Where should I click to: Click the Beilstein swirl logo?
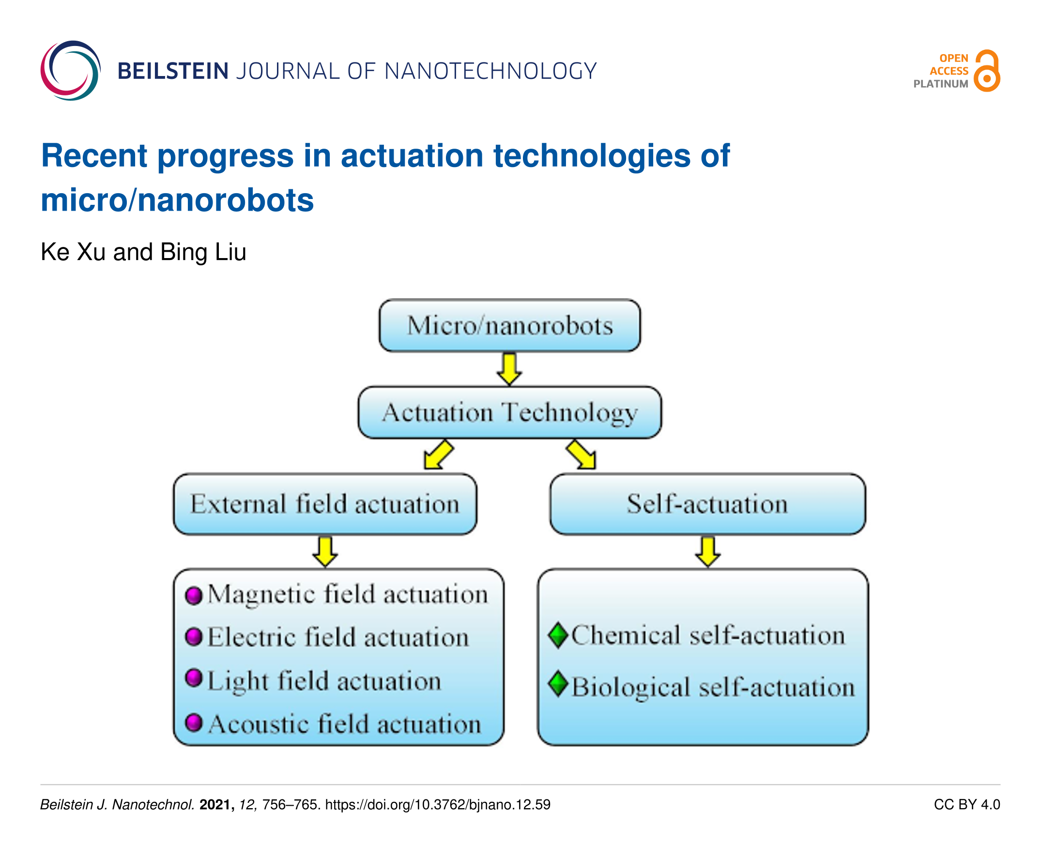(70, 71)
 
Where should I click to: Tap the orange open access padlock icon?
(987, 71)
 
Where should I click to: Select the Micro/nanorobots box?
(510, 325)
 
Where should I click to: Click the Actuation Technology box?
(510, 412)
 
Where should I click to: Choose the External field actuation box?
(325, 504)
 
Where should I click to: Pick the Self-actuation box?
(707, 504)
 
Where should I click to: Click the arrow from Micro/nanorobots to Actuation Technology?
(509, 368)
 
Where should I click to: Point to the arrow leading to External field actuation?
(439, 454)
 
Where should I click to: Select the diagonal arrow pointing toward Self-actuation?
(582, 454)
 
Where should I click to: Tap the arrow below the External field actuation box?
(325, 552)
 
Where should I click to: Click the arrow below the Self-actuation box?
(707, 552)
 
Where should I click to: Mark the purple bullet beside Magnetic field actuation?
(194, 595)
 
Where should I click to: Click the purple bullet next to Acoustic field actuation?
(194, 723)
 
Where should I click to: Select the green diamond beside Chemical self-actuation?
(559, 635)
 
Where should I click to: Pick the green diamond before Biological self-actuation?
(559, 685)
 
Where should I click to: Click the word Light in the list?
(238, 682)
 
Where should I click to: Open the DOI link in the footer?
(437, 805)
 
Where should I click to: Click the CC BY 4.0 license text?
(967, 805)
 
